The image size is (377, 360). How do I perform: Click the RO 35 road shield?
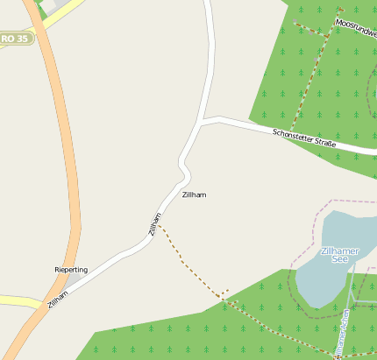[15, 39]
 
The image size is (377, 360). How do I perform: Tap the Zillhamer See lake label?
[340, 255]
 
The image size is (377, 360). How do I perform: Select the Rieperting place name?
[71, 270]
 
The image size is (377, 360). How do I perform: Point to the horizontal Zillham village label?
[194, 194]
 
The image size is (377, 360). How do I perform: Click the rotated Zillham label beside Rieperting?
[58, 299]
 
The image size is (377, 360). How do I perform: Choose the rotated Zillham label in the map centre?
[154, 225]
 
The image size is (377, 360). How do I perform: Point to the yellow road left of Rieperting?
[18, 300]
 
